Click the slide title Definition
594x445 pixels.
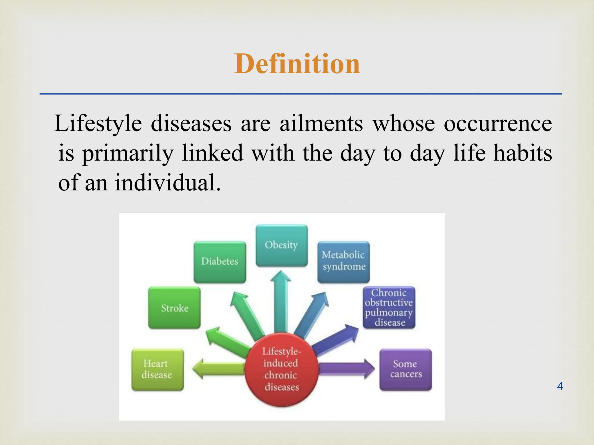(x=297, y=64)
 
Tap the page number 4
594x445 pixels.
(x=560, y=386)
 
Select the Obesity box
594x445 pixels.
(x=281, y=245)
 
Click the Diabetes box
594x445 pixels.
(x=220, y=262)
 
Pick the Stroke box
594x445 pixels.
(x=174, y=308)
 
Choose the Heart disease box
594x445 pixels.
(x=157, y=369)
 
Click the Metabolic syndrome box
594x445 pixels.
(x=343, y=262)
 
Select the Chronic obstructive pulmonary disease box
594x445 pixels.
(x=389, y=307)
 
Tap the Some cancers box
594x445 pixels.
(x=405, y=369)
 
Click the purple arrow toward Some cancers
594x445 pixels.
(x=347, y=369)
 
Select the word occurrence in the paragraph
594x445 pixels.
(x=498, y=123)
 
